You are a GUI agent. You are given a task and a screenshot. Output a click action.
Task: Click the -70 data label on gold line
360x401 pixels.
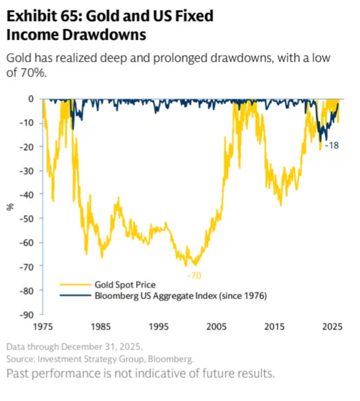194,276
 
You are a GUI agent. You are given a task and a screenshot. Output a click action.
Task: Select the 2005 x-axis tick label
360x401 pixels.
217,326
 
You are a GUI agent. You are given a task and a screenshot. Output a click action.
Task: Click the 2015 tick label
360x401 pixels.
275,326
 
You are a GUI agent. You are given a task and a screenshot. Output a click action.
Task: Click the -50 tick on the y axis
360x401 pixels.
26,218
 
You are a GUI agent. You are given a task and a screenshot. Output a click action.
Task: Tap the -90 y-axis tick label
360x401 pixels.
26,314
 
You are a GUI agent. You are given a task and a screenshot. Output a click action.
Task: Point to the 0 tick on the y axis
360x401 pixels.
31,98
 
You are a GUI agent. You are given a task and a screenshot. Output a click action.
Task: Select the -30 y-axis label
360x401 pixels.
26,170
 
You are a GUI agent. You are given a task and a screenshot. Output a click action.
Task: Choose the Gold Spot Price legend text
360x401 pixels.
125,284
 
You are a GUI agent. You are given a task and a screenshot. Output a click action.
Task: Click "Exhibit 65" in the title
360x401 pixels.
41,16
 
